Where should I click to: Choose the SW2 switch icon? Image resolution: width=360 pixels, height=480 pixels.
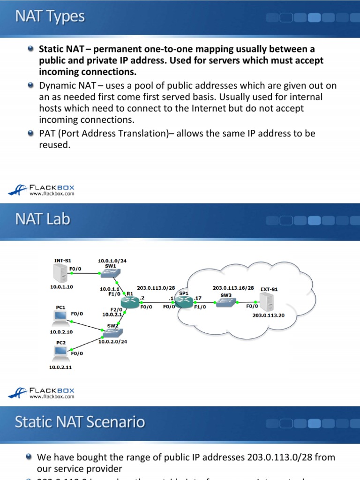(113, 332)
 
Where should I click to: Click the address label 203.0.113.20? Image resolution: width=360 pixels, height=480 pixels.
(268, 315)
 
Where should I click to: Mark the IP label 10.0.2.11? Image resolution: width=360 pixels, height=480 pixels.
(61, 367)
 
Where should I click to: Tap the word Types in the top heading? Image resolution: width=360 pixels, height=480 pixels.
(68, 17)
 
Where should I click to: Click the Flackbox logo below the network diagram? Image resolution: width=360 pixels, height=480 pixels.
(42, 392)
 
